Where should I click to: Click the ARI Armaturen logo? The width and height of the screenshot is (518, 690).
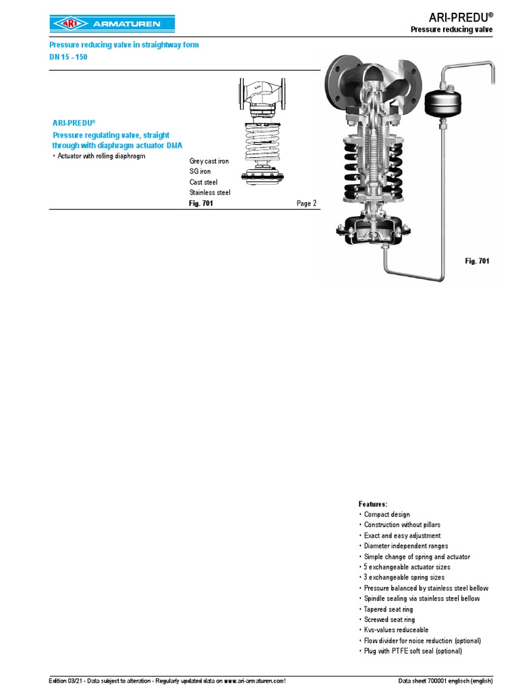pos(112,24)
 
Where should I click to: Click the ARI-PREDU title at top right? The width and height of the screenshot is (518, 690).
pos(461,17)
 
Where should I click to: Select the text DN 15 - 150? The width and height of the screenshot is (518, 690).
pos(68,57)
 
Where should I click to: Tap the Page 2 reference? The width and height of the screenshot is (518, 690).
pos(307,203)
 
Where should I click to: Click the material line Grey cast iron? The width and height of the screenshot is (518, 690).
pos(209,161)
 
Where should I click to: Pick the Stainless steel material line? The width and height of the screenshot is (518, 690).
pos(210,192)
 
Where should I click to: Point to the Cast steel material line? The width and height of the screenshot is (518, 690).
pos(204,182)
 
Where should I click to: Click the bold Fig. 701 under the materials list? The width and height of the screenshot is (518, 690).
pos(201,203)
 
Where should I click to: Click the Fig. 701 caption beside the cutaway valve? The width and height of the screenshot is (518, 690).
pos(477,261)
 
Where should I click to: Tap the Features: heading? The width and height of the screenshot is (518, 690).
pos(372,504)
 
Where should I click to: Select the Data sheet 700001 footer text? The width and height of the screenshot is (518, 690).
pos(445,681)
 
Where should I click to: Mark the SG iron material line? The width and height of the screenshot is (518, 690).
pos(200,171)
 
